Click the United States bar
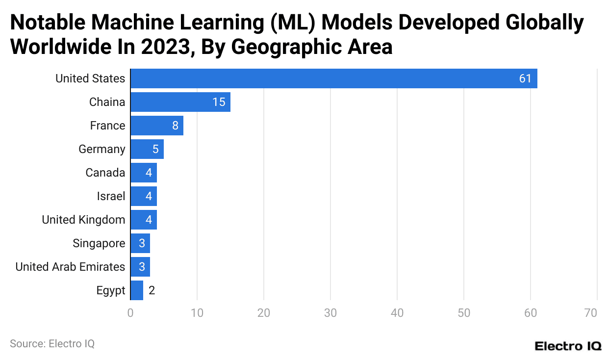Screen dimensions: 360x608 pos(333,78)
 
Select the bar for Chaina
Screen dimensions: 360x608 pos(180,102)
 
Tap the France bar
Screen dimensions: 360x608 pos(156,126)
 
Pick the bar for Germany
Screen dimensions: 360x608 pos(147,149)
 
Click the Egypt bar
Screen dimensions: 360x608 pos(137,290)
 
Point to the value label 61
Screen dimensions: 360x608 pos(525,78)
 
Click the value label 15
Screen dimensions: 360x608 pos(219,102)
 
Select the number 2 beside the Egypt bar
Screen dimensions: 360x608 pos(152,290)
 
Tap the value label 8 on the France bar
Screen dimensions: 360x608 pos(175,126)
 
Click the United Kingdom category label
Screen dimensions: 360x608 pos(83,220)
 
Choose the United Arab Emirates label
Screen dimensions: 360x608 pos(70,267)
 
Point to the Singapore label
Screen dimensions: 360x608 pos(99,243)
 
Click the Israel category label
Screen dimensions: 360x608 pos(111,196)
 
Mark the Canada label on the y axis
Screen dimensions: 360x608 pos(105,173)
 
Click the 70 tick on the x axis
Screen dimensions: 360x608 pos(591,313)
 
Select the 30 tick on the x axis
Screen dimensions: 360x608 pos(330,313)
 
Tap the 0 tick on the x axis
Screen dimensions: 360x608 pos(130,313)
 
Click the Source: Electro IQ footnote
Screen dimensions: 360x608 pos(52,344)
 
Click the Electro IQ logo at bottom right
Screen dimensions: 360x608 pos(568,346)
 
